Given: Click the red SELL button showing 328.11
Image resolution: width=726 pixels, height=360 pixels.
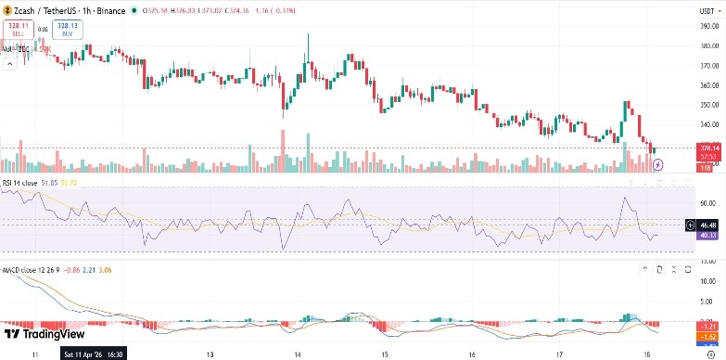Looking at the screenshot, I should [18, 29].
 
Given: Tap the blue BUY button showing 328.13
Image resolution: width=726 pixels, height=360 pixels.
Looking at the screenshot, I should [65, 29].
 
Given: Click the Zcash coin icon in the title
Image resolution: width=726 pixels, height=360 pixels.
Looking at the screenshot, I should [7, 10].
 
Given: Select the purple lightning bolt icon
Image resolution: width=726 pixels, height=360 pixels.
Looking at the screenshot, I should [658, 164].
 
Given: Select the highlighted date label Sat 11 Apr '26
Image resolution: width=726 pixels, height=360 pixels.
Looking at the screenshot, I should [94, 354].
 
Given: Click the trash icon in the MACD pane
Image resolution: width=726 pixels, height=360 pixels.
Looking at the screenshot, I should [659, 269].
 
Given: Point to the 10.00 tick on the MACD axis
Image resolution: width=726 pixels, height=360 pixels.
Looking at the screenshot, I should [707, 280].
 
